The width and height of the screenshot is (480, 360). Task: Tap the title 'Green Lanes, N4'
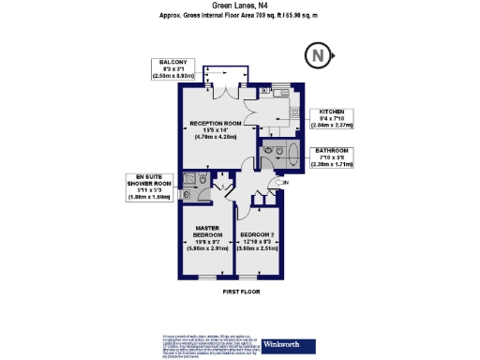pyautogui.click(x=239, y=7)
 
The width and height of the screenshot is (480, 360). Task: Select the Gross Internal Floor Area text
pyautogui.click(x=239, y=17)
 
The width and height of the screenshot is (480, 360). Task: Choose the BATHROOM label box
pyautogui.click(x=332, y=157)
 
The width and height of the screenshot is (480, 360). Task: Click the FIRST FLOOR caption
pyautogui.click(x=240, y=292)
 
